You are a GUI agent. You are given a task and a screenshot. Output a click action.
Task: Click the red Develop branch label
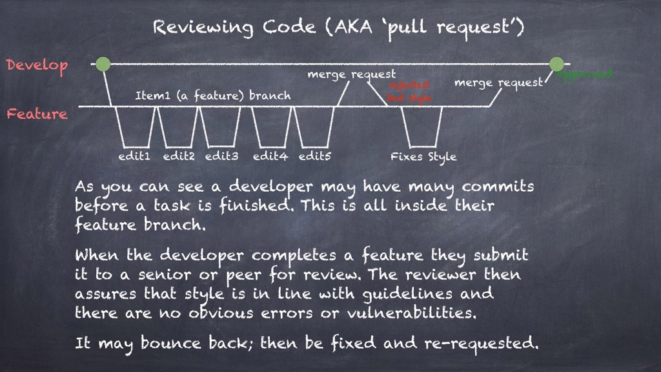[37, 66]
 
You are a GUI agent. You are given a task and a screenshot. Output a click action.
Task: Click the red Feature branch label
[37, 114]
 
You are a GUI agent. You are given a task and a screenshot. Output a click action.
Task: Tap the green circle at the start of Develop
[103, 64]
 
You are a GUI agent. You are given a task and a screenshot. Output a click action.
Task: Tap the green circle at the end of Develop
[556, 64]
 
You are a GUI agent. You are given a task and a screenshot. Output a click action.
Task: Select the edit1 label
[134, 156]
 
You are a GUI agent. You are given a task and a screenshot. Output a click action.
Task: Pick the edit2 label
[179, 156]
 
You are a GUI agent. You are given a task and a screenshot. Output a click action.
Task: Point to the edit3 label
[222, 156]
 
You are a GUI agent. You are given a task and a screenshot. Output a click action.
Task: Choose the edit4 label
[269, 156]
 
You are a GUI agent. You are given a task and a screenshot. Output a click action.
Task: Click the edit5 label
[314, 156]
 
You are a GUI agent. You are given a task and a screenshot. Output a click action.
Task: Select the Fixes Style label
[423, 156]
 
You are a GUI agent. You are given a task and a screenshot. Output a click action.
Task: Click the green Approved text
[585, 74]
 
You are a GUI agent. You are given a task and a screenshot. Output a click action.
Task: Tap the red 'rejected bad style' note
[409, 91]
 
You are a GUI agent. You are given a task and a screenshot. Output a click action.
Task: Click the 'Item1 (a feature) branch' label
[212, 96]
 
